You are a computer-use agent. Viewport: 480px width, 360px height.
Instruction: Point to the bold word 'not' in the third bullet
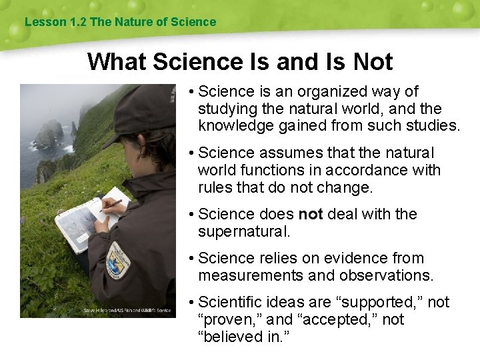click(310, 214)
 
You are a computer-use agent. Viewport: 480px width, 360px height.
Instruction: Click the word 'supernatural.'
click(244, 231)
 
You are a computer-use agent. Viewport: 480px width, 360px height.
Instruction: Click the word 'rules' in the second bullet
click(215, 187)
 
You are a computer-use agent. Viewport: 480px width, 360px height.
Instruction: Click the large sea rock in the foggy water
click(47, 134)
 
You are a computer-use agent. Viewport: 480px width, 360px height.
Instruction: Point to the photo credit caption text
click(127, 310)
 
